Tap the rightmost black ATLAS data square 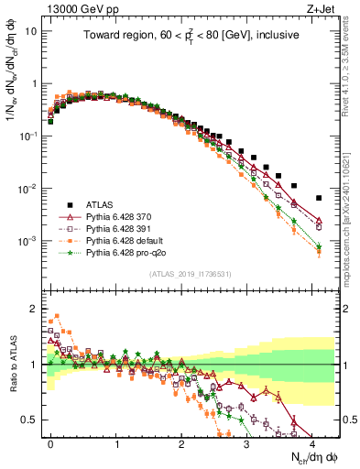point(318,198)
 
